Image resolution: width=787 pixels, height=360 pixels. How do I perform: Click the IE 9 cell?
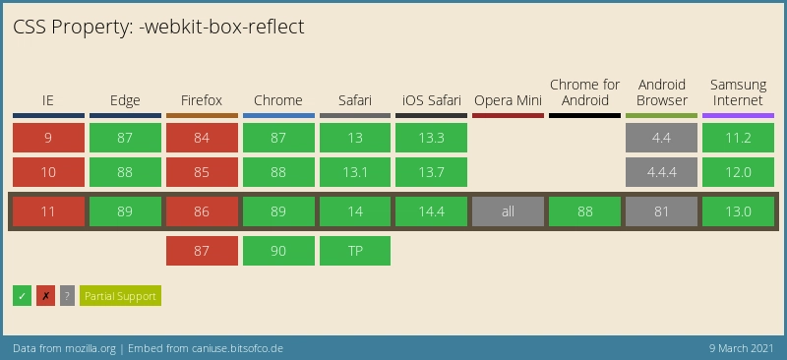click(48, 138)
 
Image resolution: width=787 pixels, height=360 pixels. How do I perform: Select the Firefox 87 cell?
click(202, 251)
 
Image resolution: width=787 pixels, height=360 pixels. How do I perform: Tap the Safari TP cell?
click(355, 251)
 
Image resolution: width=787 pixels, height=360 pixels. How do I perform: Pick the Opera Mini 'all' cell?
click(508, 211)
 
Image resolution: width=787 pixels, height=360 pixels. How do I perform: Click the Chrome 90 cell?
click(278, 251)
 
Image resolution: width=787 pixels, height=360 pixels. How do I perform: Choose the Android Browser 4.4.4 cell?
click(661, 172)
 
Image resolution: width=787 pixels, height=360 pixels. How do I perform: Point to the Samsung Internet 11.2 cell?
click(738, 138)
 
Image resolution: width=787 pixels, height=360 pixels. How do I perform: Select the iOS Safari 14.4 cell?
click(431, 211)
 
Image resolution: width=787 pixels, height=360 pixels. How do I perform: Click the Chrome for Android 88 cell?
click(584, 211)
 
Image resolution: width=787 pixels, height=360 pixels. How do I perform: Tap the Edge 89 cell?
click(125, 211)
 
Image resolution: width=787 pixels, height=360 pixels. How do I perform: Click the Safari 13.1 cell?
click(355, 172)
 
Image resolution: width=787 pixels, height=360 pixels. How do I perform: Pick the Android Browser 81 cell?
click(661, 211)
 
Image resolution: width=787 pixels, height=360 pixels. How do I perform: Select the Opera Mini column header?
click(508, 100)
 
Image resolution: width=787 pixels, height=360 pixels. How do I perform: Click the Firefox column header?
click(202, 100)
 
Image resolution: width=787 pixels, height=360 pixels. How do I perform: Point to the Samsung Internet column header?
click(738, 92)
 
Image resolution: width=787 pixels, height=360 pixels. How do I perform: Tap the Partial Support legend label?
click(120, 295)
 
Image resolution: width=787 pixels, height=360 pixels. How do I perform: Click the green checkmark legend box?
click(23, 295)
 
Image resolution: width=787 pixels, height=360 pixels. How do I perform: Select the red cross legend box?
click(45, 295)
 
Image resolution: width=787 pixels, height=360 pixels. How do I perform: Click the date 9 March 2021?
click(741, 349)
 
